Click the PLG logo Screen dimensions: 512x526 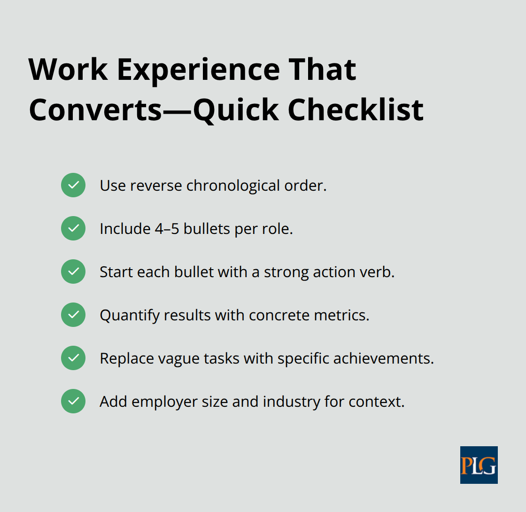click(479, 465)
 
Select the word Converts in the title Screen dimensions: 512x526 click(95, 110)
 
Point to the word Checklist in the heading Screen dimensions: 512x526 click(356, 110)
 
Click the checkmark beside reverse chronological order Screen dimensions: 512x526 click(73, 185)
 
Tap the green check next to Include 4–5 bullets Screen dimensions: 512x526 click(73, 228)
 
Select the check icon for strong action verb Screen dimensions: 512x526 click(73, 272)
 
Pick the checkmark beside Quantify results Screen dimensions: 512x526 click(73, 315)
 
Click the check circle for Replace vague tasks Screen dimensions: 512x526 click(73, 358)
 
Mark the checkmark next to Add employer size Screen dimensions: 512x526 click(73, 401)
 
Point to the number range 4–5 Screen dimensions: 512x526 click(166, 229)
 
